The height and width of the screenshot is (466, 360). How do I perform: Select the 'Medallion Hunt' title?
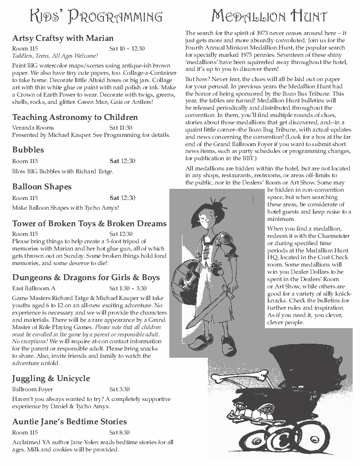(x=269, y=17)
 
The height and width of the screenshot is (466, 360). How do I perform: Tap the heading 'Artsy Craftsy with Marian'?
(x=63, y=38)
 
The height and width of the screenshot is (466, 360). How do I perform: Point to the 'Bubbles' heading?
(x=28, y=150)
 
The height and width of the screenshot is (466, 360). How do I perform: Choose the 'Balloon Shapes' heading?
(x=42, y=186)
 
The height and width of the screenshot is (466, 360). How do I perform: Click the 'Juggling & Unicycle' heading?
(x=51, y=378)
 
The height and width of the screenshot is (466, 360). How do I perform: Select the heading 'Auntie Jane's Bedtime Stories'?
(x=69, y=421)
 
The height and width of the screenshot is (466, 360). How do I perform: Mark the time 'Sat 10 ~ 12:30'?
(x=127, y=49)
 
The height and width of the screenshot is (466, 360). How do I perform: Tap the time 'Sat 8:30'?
(x=119, y=432)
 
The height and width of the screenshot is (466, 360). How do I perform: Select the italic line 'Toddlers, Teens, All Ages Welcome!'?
(x=55, y=56)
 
